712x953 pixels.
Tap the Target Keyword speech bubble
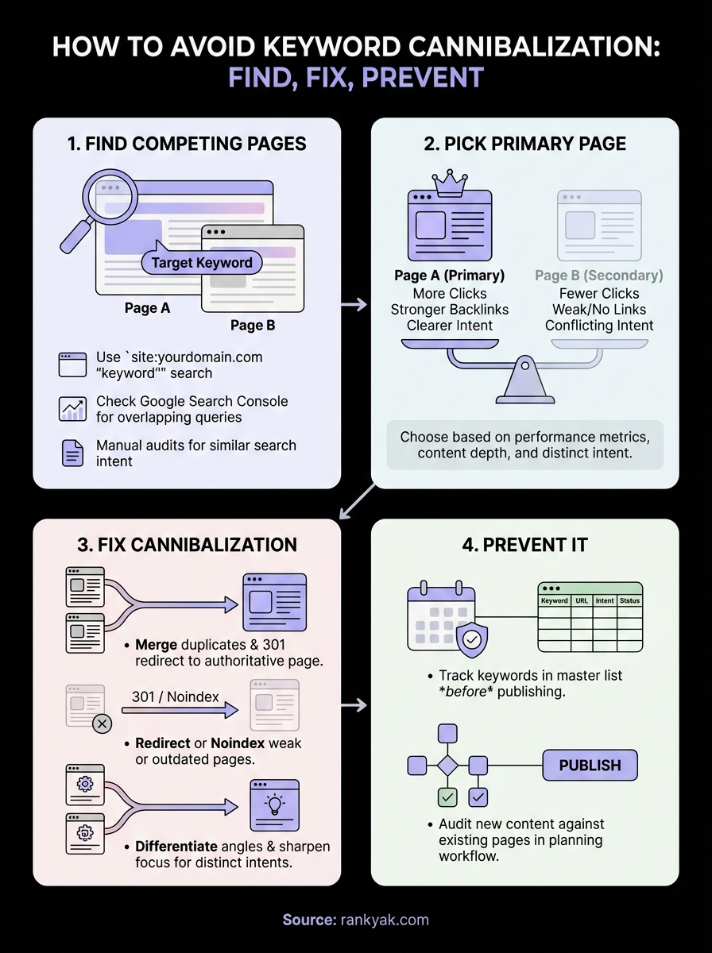201,263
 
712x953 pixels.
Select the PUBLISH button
590,766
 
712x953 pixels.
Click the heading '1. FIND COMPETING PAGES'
187,145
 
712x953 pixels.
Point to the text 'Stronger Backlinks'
450,310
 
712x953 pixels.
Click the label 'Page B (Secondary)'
599,276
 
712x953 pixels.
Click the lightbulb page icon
275,804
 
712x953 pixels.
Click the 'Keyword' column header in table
555,601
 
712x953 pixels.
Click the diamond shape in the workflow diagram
448,766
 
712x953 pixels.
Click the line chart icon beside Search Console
72,408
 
